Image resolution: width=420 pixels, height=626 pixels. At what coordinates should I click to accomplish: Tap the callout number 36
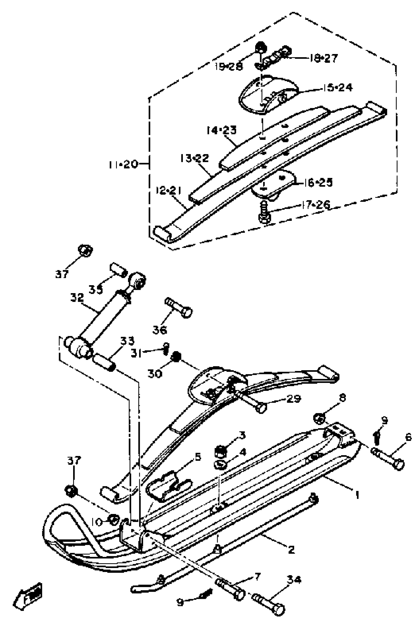click(160, 330)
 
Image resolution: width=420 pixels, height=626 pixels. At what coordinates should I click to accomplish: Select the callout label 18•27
click(324, 58)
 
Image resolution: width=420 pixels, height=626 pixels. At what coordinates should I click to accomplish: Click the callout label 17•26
click(316, 205)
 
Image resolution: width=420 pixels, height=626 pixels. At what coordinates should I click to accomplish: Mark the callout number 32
click(77, 298)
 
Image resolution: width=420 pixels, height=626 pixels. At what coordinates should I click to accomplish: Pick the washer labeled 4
click(220, 464)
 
